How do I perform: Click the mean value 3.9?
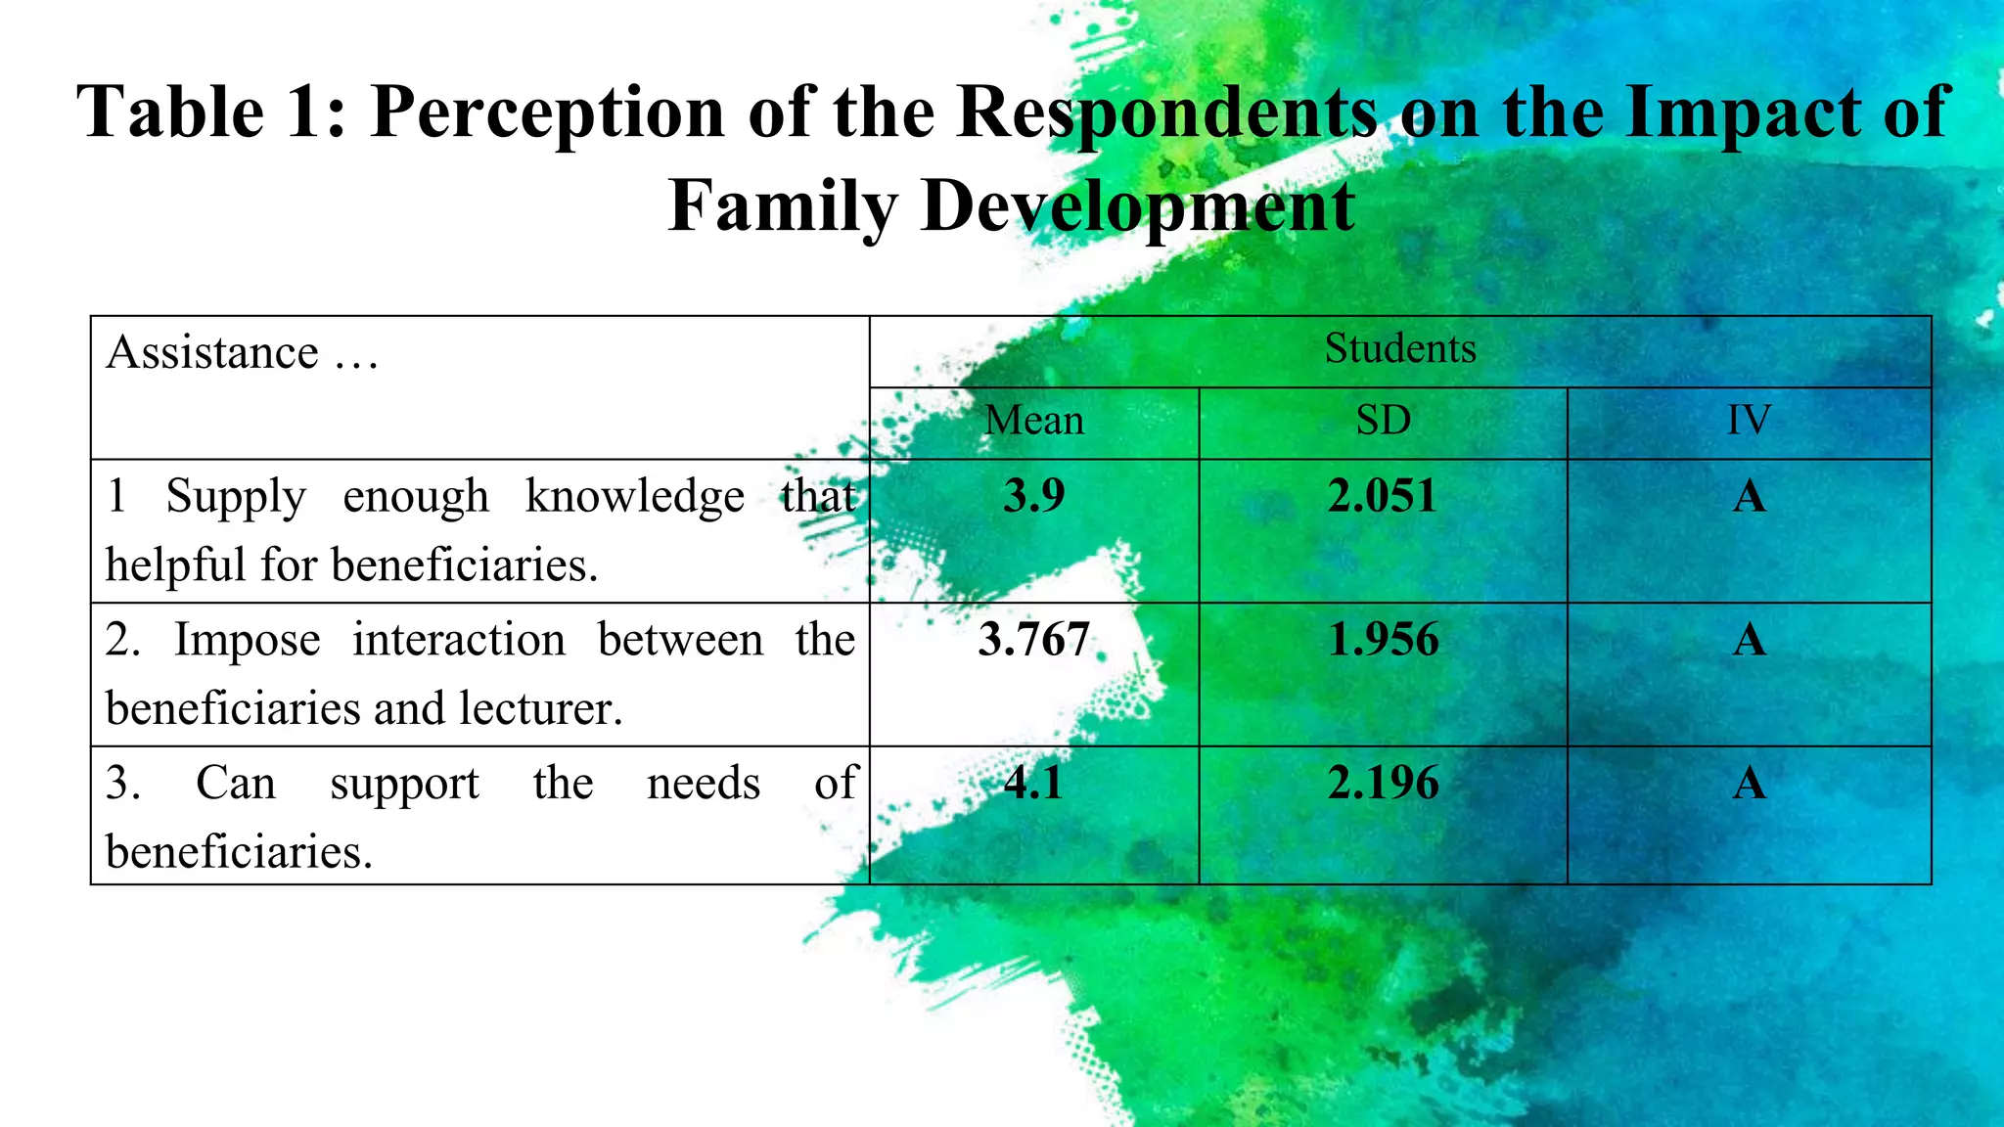(1033, 496)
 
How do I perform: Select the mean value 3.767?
(1033, 640)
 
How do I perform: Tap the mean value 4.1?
(1033, 783)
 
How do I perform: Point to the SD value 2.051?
(1382, 496)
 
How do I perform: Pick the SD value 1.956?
(1383, 640)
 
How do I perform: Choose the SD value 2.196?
(1383, 783)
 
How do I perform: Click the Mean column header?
(1034, 421)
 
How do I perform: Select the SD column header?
(1383, 421)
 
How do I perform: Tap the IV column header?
(1749, 421)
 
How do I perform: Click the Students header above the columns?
(1399, 349)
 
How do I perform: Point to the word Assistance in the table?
(212, 352)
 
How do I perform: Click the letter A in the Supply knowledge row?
(1749, 496)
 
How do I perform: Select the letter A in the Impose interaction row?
(1749, 640)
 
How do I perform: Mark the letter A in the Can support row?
(1749, 783)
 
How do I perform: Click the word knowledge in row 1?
(634, 497)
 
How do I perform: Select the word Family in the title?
(782, 206)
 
